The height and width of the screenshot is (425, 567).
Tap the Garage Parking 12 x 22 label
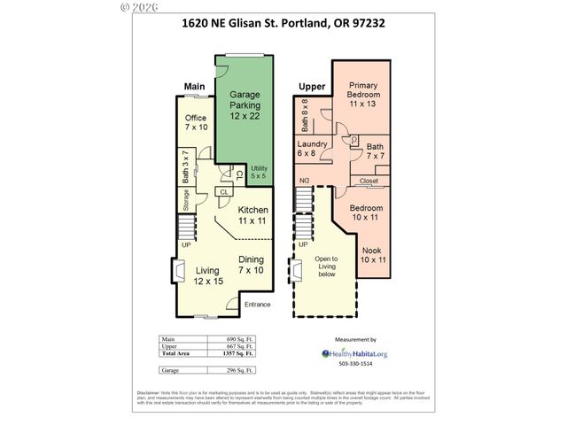pyautogui.click(x=245, y=104)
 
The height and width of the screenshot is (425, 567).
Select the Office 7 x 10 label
pyautogui.click(x=196, y=123)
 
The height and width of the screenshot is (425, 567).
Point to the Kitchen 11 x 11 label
pyautogui.click(x=252, y=215)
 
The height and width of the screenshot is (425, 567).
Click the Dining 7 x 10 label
pyautogui.click(x=252, y=264)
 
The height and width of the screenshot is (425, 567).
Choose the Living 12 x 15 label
pyautogui.click(x=209, y=274)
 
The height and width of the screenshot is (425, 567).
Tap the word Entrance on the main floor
pyautogui.click(x=257, y=305)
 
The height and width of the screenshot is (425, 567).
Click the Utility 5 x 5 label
pyautogui.click(x=259, y=172)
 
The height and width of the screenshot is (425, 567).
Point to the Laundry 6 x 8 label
pyautogui.click(x=313, y=148)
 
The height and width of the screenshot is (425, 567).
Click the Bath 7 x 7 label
pyautogui.click(x=375, y=151)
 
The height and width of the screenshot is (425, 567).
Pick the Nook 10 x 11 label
pyautogui.click(x=375, y=255)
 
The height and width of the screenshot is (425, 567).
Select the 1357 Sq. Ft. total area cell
pyautogui.click(x=237, y=352)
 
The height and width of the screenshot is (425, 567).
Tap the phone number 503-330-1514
pyautogui.click(x=356, y=364)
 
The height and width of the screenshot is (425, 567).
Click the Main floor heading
pyautogui.click(x=195, y=86)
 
